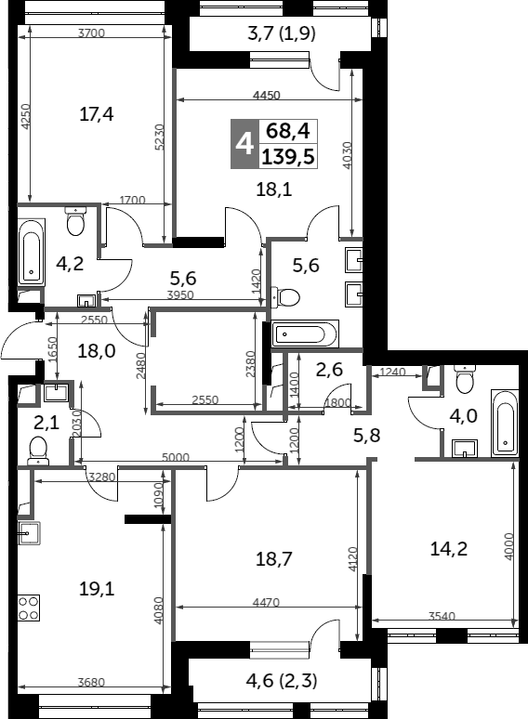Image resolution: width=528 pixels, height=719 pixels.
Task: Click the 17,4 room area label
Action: click(x=97, y=113)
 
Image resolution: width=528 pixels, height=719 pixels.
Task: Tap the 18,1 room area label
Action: click(x=274, y=189)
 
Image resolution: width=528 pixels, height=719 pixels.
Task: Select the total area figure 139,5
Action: click(x=288, y=157)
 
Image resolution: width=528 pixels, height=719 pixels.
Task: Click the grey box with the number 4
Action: click(x=244, y=144)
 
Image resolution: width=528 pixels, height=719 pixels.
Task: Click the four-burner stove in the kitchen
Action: click(x=29, y=608)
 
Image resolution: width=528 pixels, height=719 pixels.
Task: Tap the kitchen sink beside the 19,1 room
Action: click(x=30, y=533)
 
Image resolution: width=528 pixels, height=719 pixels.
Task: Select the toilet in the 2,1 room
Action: click(x=38, y=451)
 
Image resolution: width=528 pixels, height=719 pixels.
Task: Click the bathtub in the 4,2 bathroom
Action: click(x=32, y=252)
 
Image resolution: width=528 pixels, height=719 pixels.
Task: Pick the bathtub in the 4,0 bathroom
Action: click(x=505, y=424)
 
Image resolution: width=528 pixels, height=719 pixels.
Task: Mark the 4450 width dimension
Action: click(x=267, y=96)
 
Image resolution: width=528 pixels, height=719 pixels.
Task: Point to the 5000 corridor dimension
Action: click(x=176, y=457)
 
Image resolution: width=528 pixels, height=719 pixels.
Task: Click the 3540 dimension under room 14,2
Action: click(x=442, y=616)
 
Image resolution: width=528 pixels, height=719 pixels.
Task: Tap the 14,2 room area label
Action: click(x=449, y=548)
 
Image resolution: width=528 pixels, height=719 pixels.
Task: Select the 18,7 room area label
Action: click(x=274, y=559)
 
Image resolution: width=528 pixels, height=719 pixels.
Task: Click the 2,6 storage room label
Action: click(x=329, y=369)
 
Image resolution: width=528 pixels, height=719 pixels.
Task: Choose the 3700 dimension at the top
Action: click(x=92, y=33)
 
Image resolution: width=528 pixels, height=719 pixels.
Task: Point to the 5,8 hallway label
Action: click(x=367, y=435)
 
